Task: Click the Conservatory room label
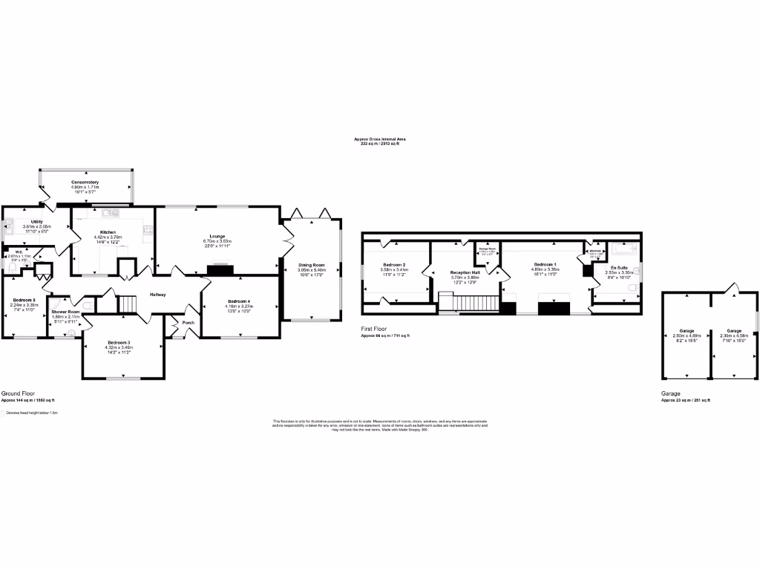coord(85,182)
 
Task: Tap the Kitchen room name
coord(109,232)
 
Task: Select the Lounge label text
coord(217,237)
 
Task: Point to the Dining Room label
coord(312,265)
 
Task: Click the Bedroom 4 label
coord(238,301)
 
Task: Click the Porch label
coord(189,323)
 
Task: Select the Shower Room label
coord(65,312)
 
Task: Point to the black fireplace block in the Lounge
coord(220,271)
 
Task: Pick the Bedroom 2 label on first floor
coord(394,265)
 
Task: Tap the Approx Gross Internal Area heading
coord(379,139)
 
